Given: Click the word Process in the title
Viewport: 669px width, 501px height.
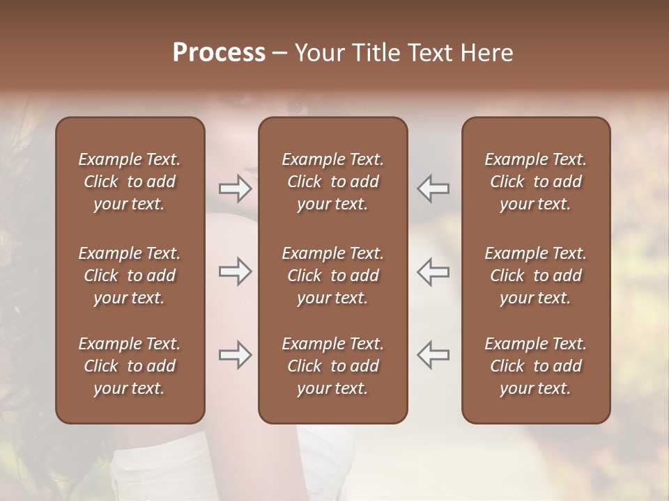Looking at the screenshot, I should (x=219, y=53).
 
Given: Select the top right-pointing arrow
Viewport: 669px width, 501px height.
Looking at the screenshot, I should (x=236, y=189).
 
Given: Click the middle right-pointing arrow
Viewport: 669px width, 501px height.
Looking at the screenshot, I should (x=236, y=271).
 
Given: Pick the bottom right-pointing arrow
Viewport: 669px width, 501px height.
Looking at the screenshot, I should (x=236, y=355).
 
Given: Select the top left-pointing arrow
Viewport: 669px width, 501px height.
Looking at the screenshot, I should (x=433, y=189).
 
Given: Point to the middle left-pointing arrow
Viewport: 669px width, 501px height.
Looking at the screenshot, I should (x=433, y=271).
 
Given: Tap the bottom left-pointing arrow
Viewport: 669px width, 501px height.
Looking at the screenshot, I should (x=433, y=355).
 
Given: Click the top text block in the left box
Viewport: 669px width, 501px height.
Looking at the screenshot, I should (x=130, y=182).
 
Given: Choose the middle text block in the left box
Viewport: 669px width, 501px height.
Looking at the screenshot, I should (x=130, y=276).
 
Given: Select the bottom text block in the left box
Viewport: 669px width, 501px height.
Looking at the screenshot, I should (x=130, y=366).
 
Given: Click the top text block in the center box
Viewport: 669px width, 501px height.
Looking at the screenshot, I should (x=332, y=182).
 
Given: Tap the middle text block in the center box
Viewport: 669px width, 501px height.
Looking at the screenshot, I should (x=332, y=276).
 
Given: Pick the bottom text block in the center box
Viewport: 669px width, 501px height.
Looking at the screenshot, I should (x=332, y=366).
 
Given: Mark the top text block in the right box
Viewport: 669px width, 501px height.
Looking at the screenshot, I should (x=535, y=182).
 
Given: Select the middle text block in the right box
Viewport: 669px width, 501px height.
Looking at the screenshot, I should (x=535, y=276).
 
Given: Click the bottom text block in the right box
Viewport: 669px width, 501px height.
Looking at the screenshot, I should (x=535, y=366).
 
